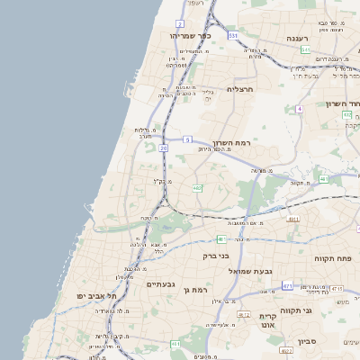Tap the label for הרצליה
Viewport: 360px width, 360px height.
[242, 89]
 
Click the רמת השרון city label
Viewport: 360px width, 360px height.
[231, 143]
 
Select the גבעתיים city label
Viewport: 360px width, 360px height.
[160, 284]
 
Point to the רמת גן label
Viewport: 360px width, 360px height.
[220, 290]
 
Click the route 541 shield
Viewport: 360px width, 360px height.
[305, 49]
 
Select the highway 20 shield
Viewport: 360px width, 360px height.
[163, 148]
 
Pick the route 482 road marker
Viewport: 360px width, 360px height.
[197, 187]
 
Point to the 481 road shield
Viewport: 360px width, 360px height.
[221, 239]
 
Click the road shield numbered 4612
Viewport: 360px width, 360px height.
[244, 314]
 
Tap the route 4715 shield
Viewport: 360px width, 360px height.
[337, 288]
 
